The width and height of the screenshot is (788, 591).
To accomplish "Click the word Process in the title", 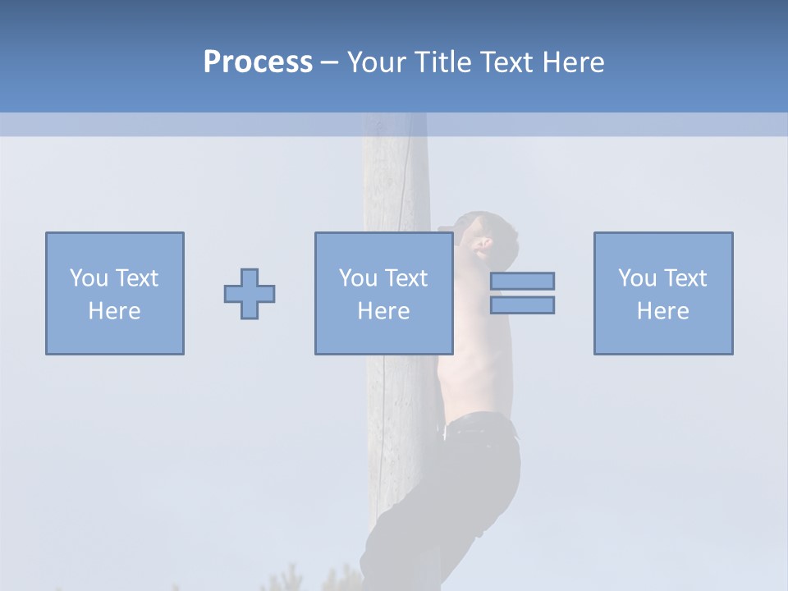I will (258, 62).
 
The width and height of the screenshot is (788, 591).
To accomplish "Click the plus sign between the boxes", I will (250, 294).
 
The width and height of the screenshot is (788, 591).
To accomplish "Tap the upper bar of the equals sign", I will (523, 281).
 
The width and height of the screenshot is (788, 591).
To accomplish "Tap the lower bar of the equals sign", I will (523, 305).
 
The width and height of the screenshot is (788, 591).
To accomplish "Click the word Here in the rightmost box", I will (663, 311).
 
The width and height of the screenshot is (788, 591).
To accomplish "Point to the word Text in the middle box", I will (406, 278).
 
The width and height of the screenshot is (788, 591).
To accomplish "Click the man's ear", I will (483, 243).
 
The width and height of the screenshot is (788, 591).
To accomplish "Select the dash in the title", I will (329, 62).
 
